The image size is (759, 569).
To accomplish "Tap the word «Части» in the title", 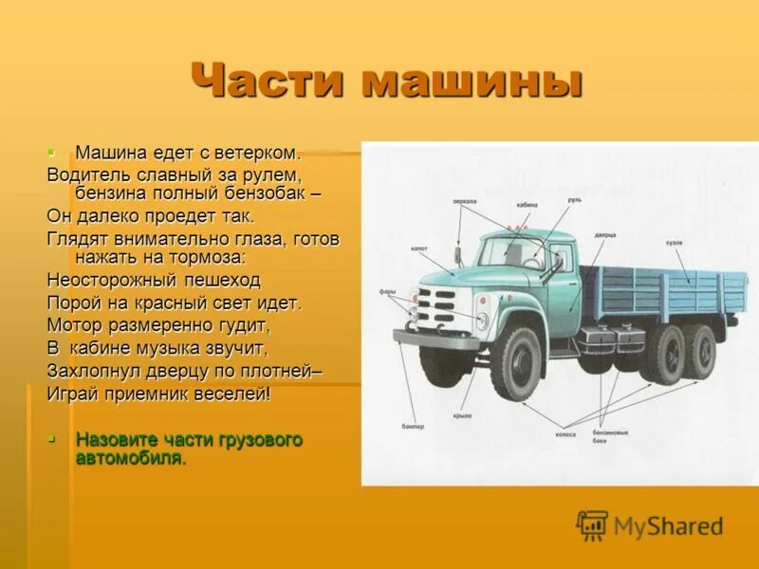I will coord(268,83).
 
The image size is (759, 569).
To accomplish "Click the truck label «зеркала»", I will coord(465,202).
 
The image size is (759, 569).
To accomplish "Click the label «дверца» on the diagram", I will coord(607,232).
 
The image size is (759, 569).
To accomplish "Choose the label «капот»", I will coord(420,249).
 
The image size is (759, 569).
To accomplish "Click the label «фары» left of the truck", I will coord(389,292).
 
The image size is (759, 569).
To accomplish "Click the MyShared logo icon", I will coord(593,524).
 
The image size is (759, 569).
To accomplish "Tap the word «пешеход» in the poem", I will coord(214,281).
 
